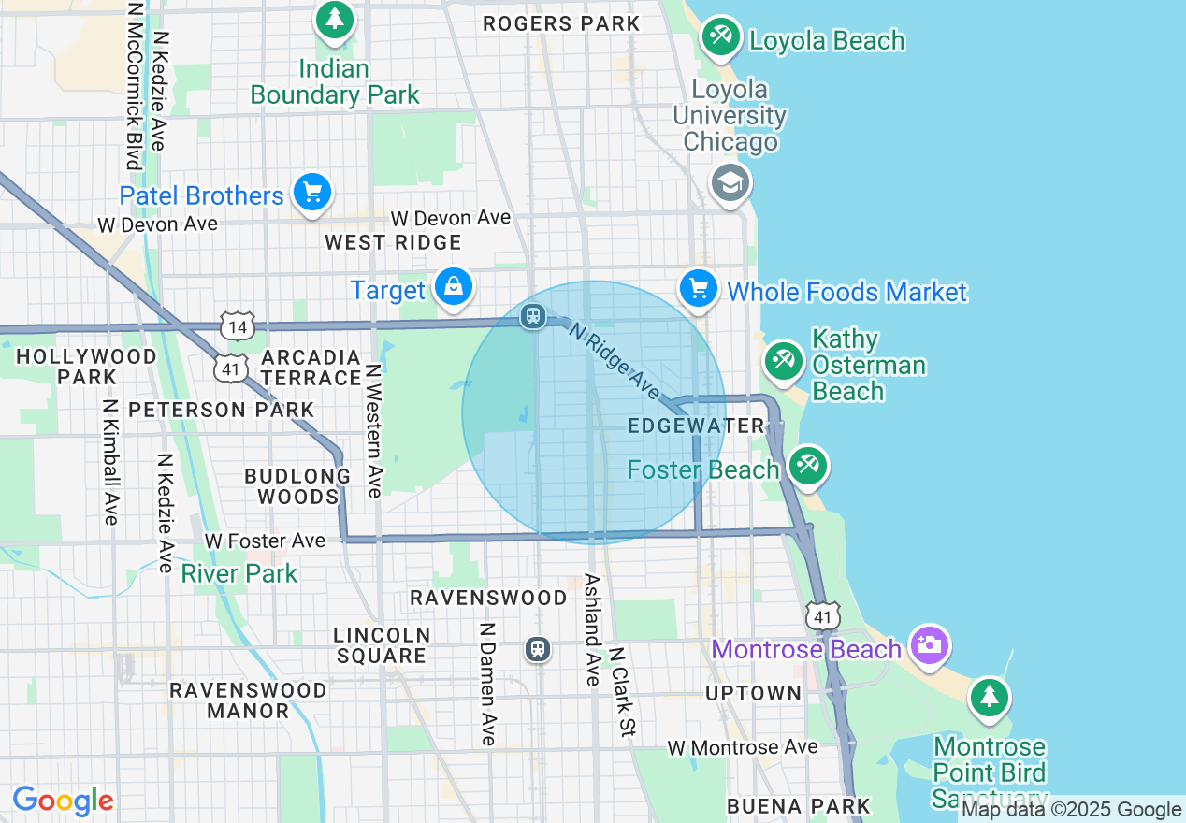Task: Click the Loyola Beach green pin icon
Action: (720, 38)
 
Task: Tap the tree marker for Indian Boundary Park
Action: (335, 20)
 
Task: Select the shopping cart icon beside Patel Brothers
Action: (312, 193)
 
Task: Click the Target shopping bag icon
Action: (454, 287)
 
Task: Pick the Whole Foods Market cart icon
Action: (699, 288)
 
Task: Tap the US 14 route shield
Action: (236, 326)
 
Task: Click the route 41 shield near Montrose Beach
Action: (823, 615)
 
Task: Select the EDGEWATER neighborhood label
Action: (697, 426)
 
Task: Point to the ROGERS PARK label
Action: (561, 24)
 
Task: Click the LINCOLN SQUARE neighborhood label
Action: (382, 645)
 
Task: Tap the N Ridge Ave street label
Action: (614, 359)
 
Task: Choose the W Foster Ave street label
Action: (265, 541)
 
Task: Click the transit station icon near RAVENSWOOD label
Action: (538, 649)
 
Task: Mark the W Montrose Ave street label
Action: (743, 747)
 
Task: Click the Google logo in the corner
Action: (63, 801)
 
